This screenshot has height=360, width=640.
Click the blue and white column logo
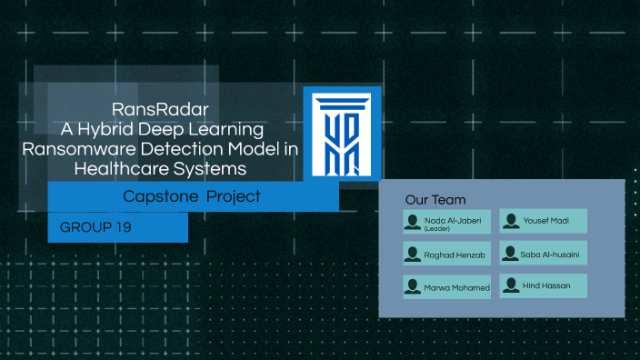[341, 134]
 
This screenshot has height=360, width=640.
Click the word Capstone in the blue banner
[160, 196]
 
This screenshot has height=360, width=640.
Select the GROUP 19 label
[95, 227]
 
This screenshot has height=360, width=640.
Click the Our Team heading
[435, 200]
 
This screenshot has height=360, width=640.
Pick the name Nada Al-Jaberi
[453, 219]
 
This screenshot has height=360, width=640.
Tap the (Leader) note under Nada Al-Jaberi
[437, 228]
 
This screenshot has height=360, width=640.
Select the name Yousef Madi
[546, 221]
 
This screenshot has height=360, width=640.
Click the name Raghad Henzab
[455, 255]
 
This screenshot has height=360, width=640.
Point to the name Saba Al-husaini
[551, 255]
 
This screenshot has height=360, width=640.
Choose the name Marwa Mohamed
[456, 288]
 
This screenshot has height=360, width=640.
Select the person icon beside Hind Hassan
[511, 285]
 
